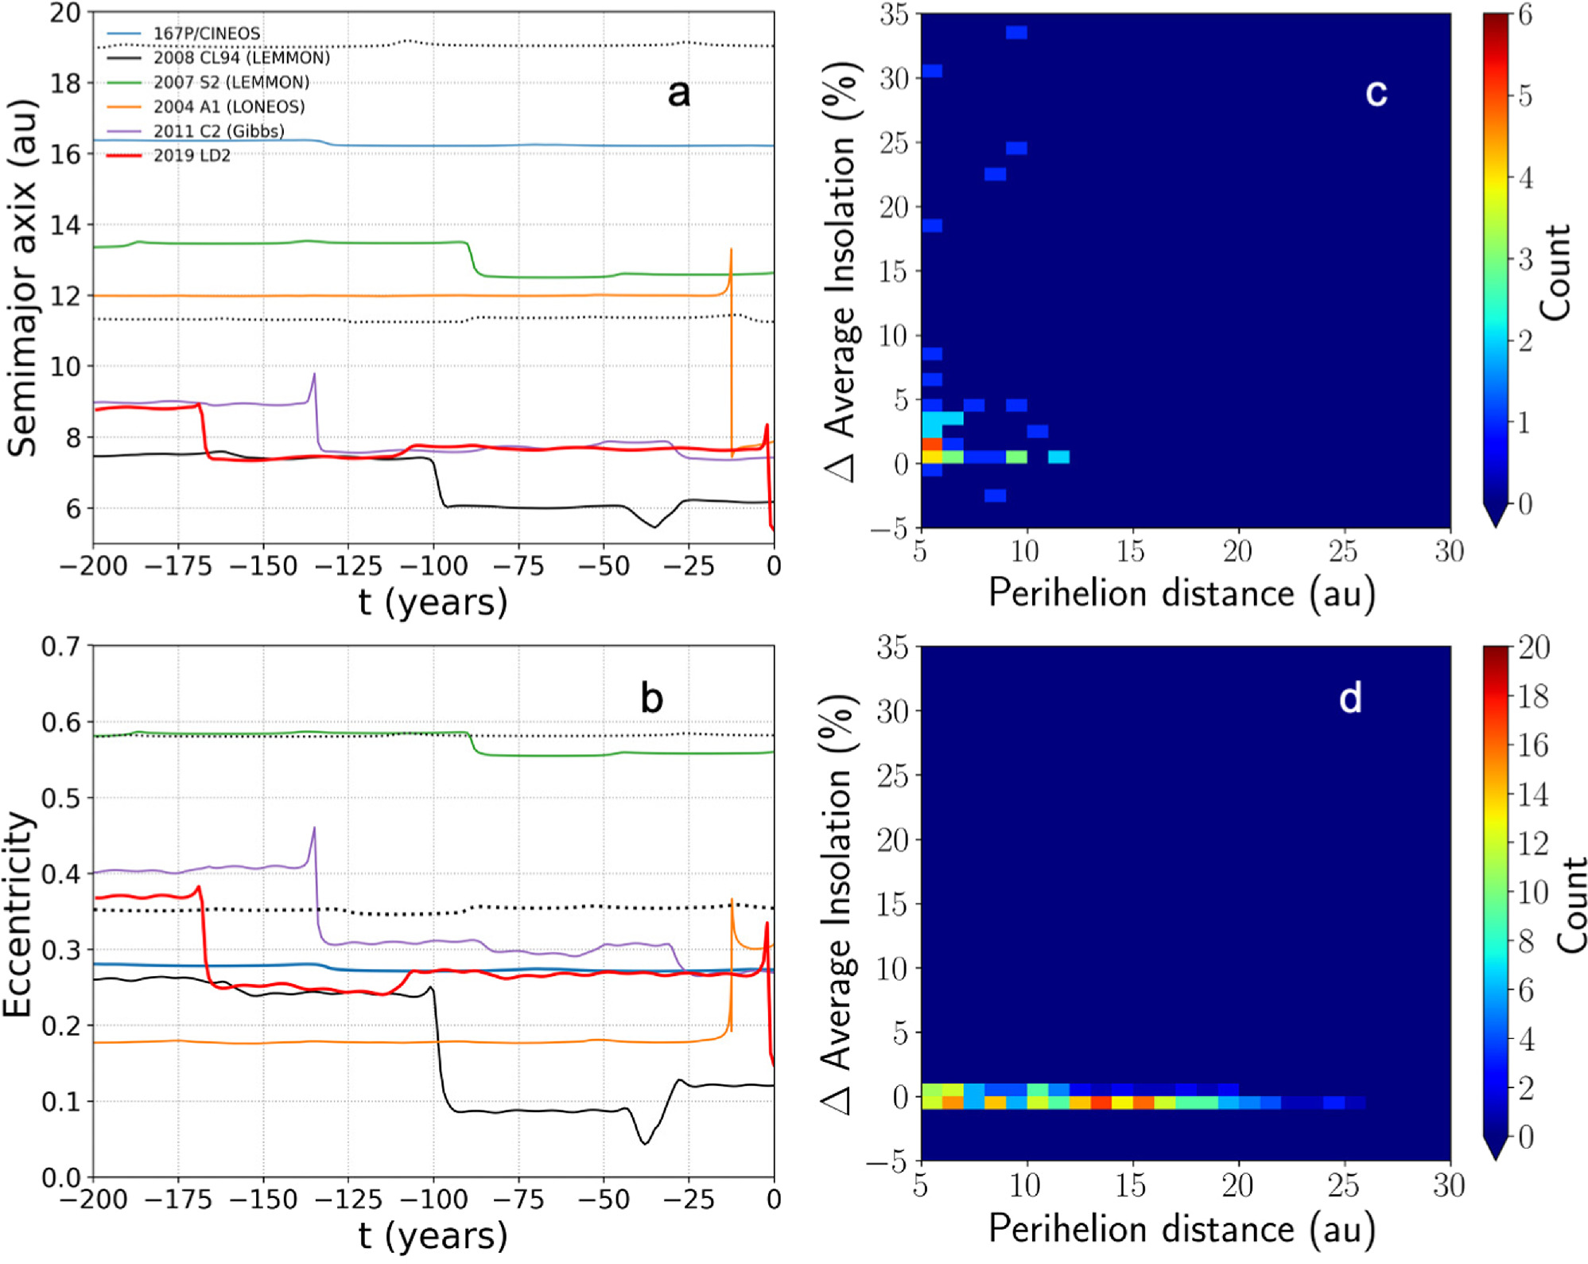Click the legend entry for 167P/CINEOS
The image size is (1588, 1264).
tap(206, 33)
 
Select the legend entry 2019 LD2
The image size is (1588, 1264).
tap(192, 156)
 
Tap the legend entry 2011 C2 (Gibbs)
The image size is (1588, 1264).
tap(218, 131)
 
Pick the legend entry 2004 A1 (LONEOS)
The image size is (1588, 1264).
tap(228, 107)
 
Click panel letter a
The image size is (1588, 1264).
tap(678, 93)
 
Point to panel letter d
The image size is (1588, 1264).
tap(1349, 698)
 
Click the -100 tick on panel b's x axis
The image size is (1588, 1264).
tap(433, 1199)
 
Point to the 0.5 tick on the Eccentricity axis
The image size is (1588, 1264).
tap(60, 798)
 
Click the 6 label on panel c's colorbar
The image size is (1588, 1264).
tap(1524, 14)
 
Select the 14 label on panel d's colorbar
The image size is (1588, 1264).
tap(1532, 794)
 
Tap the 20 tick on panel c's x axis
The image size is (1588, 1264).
tap(1237, 550)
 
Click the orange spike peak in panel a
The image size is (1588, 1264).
tap(731, 250)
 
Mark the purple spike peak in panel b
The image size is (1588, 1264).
tap(314, 828)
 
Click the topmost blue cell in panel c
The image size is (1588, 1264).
tap(1015, 33)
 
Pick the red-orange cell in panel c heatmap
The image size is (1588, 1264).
tap(931, 444)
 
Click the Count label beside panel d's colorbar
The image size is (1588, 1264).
tap(1571, 905)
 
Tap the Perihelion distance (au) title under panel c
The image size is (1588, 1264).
tap(1181, 593)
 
